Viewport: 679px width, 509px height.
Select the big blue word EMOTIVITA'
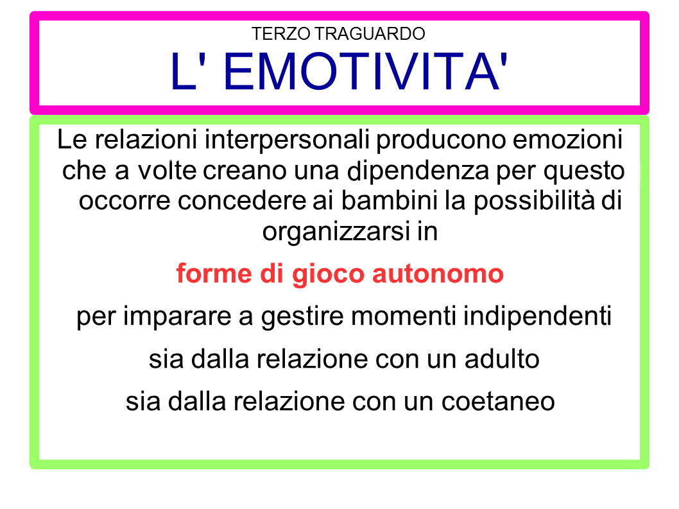(365, 71)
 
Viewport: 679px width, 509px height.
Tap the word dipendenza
(418, 171)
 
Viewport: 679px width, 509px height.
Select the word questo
(584, 171)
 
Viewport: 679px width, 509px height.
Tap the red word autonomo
(438, 275)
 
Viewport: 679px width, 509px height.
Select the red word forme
(214, 274)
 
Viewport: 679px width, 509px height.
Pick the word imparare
(177, 316)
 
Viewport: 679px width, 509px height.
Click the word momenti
(404, 316)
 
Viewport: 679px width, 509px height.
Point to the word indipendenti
(537, 316)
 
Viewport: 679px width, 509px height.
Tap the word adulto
(502, 359)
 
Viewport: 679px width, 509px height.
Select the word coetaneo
(498, 402)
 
